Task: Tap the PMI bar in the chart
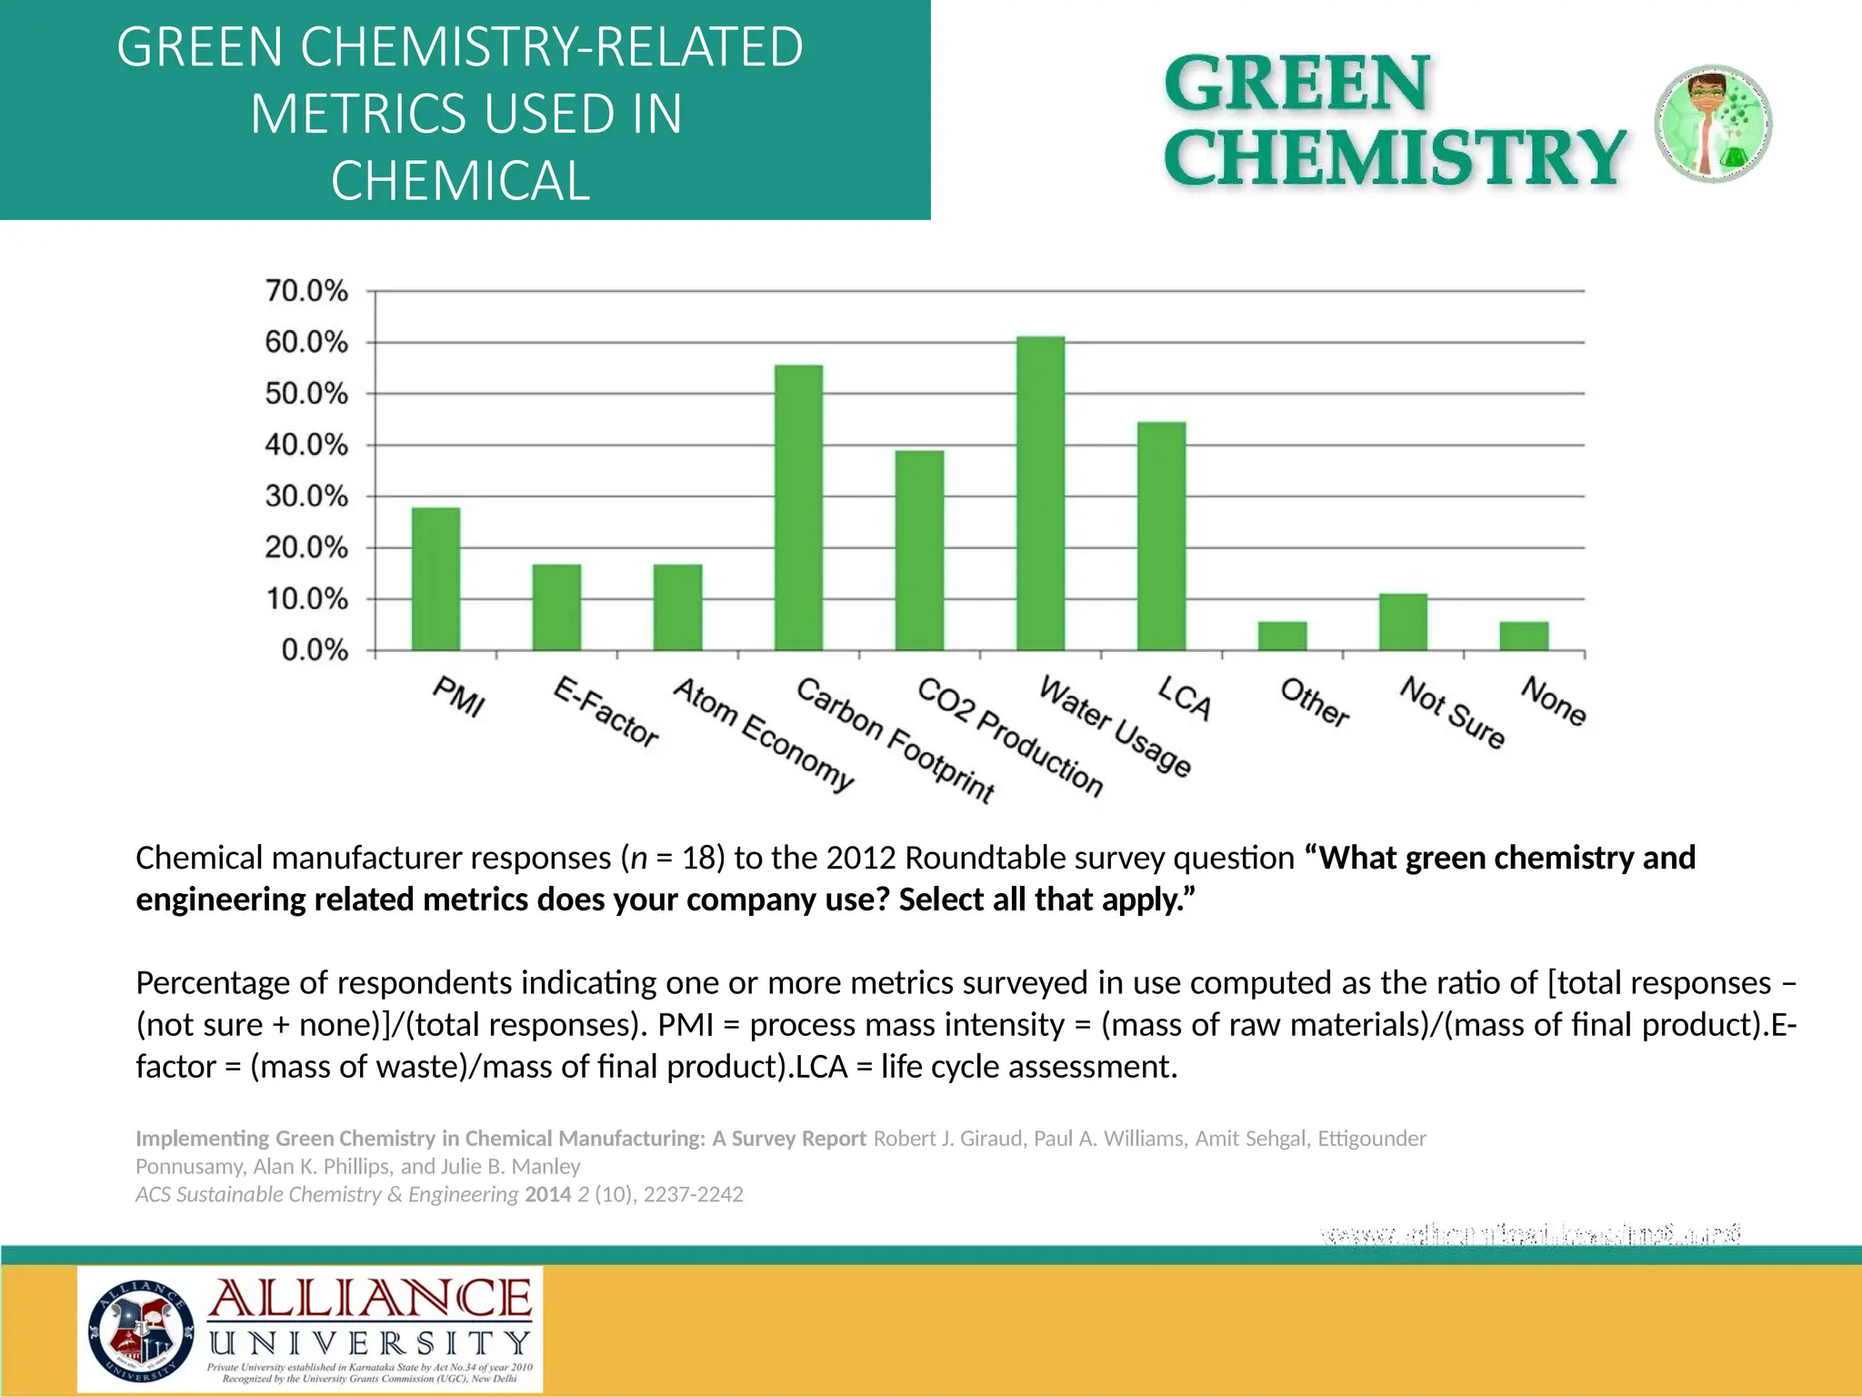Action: pyautogui.click(x=435, y=578)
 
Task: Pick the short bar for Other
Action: pyautogui.click(x=1282, y=636)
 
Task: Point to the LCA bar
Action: pyautogui.click(x=1161, y=537)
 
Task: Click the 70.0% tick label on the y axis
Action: pyautogui.click(x=306, y=291)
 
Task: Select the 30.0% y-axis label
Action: pyautogui.click(x=306, y=497)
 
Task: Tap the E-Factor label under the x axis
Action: pyautogui.click(x=606, y=712)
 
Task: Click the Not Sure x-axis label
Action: pyautogui.click(x=1452, y=712)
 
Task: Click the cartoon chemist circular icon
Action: pyautogui.click(x=1713, y=124)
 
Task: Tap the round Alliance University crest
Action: pyautogui.click(x=141, y=1330)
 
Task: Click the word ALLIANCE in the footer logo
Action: pyautogui.click(x=370, y=1299)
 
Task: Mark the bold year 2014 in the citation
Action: pyautogui.click(x=548, y=1194)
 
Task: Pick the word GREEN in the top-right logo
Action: pyautogui.click(x=1296, y=84)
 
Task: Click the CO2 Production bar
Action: pyautogui.click(x=919, y=550)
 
